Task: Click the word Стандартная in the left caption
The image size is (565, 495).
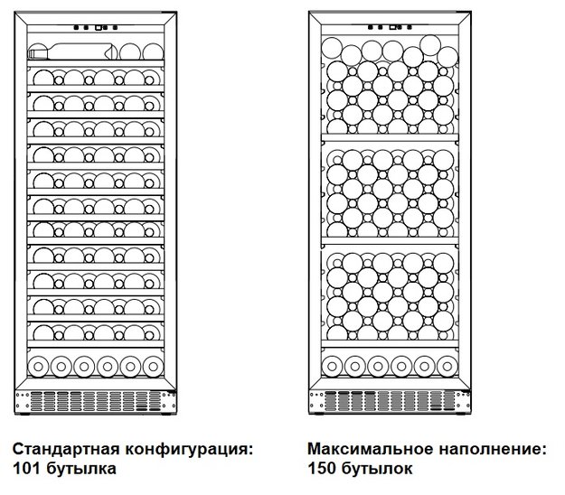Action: [66, 449]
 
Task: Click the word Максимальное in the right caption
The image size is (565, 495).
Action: [370, 449]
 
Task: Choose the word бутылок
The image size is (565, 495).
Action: [377, 469]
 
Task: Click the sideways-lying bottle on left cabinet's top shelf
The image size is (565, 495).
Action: [72, 51]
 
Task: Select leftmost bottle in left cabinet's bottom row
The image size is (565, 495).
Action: [38, 367]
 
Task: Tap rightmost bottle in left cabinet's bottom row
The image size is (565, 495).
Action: [153, 367]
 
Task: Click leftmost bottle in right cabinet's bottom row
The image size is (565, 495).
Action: [332, 367]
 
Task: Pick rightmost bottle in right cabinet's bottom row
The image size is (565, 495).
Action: [447, 367]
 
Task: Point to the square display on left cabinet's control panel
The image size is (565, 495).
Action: [99, 27]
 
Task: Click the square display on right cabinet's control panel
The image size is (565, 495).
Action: [392, 27]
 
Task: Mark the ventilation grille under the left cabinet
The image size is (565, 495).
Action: [96, 401]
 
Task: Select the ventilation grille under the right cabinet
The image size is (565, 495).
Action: [390, 401]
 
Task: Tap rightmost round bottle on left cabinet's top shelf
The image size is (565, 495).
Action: [153, 51]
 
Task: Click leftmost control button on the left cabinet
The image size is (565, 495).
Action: [77, 27]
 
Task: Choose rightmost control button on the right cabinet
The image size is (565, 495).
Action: [410, 27]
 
